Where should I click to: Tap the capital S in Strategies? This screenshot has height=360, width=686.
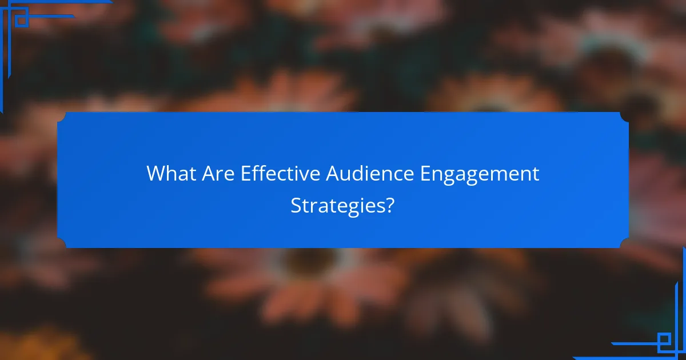point(296,205)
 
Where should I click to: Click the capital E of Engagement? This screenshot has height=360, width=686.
point(426,174)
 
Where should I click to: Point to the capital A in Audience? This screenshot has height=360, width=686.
point(333,174)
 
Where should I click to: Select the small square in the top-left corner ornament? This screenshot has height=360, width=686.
point(21,20)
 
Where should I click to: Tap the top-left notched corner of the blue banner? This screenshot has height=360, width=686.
point(62,117)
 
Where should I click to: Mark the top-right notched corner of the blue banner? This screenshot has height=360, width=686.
point(624,117)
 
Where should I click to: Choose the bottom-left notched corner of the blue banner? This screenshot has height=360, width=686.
point(62,243)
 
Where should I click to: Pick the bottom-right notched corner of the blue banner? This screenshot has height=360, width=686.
point(624,243)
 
